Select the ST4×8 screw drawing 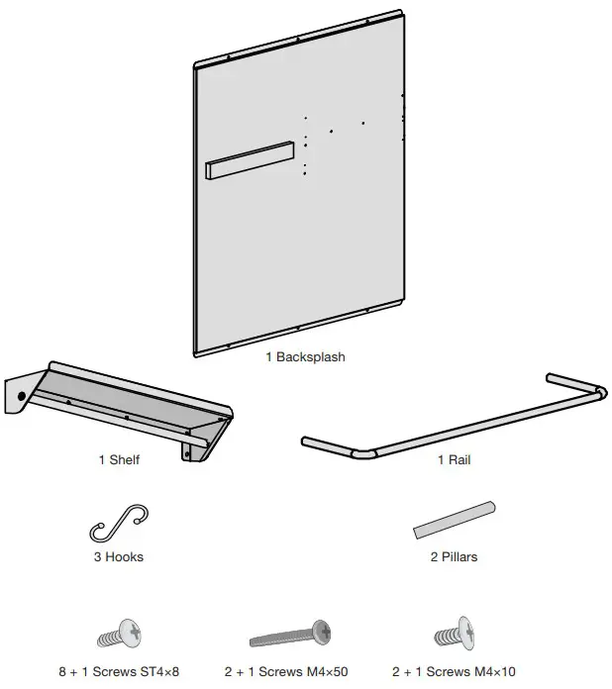point(120,633)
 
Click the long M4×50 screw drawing point(290,633)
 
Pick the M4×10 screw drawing point(457,633)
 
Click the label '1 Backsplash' point(305,356)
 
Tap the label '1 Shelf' point(119,459)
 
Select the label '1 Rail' point(455,459)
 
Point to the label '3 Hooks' point(119,557)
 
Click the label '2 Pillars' point(454,557)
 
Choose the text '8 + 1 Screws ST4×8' point(119,671)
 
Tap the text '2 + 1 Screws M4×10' point(456,671)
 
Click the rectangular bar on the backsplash point(251,159)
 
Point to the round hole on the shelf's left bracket point(21,396)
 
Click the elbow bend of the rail point(365,453)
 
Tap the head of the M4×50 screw point(322,629)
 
